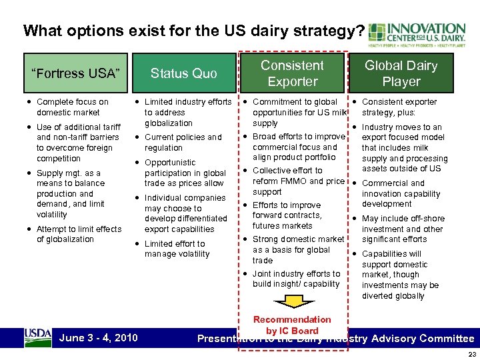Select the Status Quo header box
pos(183,73)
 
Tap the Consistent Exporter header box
pos(292,73)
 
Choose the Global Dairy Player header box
pos(401,73)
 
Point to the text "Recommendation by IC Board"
pos(292,325)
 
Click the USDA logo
pos(38,337)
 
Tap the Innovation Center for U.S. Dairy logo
pos(417,36)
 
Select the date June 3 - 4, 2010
pos(98,338)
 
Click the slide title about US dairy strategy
pos(193,31)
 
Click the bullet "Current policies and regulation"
pos(183,143)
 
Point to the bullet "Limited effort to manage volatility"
pos(177,249)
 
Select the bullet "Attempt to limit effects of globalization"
pos(79,234)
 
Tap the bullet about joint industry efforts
pos(296,279)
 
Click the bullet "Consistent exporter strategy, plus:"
pos(399,107)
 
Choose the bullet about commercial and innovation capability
pos(401,193)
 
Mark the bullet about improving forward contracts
pos(287,215)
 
